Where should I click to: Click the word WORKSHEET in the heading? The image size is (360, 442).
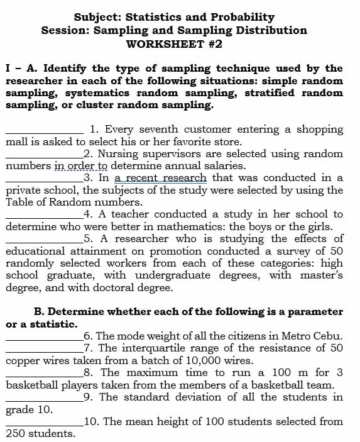click(165, 44)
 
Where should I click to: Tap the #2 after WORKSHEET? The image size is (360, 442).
click(214, 44)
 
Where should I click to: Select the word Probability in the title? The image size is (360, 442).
click(242, 17)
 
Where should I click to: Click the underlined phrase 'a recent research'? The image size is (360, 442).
click(160, 178)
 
